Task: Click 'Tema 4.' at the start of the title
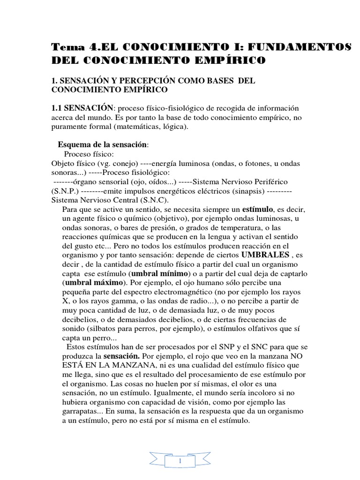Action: click(x=71, y=47)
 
